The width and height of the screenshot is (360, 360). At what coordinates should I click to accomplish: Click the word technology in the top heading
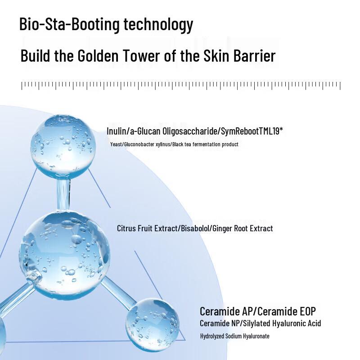(x=158, y=24)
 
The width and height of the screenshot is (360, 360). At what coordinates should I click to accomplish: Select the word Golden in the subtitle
(x=98, y=56)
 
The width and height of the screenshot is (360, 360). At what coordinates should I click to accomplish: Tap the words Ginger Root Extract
(x=243, y=229)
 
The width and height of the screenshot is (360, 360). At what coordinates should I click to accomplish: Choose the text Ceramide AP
(x=226, y=311)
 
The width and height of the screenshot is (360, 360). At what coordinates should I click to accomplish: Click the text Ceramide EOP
(x=287, y=311)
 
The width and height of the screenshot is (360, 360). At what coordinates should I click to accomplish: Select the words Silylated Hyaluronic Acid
(x=282, y=324)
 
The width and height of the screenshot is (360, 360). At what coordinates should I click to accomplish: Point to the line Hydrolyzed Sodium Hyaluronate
(x=234, y=336)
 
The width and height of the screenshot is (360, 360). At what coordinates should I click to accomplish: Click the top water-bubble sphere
(x=63, y=147)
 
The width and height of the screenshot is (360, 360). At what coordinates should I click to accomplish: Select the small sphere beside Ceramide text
(x=152, y=325)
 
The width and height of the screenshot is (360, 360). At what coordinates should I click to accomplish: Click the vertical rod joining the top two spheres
(x=63, y=194)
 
